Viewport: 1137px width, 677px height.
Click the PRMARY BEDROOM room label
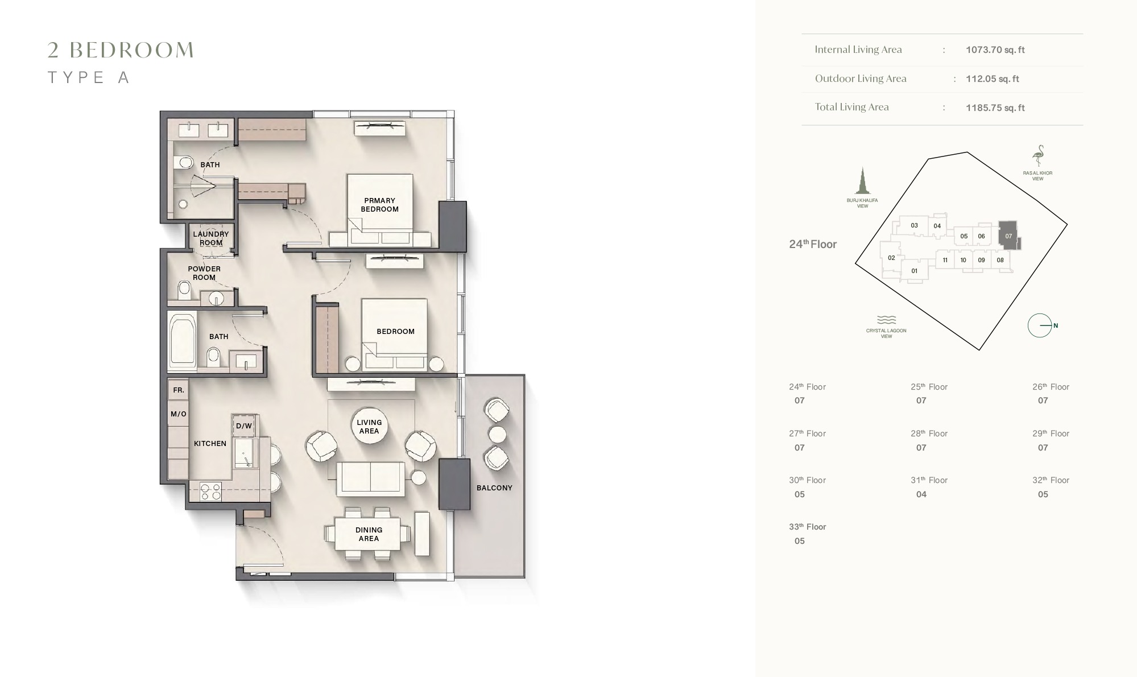[379, 205]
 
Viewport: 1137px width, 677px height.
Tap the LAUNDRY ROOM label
[210, 238]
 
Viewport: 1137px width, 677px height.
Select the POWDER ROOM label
[204, 273]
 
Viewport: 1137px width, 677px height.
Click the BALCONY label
[494, 488]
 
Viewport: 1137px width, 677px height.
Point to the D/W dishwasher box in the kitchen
[244, 426]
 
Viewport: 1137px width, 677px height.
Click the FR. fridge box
[179, 390]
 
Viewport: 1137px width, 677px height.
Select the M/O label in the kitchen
[179, 414]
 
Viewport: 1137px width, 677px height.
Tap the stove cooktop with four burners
[210, 492]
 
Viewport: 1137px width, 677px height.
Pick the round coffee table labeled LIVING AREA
[369, 427]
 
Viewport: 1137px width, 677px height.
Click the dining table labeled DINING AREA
[368, 534]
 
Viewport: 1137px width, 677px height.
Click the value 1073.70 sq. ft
[995, 49]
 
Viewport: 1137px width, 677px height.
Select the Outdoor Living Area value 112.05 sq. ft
[992, 79]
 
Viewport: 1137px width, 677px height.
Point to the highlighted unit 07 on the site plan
[1008, 236]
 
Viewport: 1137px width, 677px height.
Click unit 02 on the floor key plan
[891, 258]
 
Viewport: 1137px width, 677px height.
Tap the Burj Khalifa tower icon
[862, 181]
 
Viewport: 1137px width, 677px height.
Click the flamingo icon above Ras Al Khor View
[1039, 155]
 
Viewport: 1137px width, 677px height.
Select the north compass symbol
[1040, 325]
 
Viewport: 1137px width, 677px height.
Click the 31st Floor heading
[929, 480]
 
